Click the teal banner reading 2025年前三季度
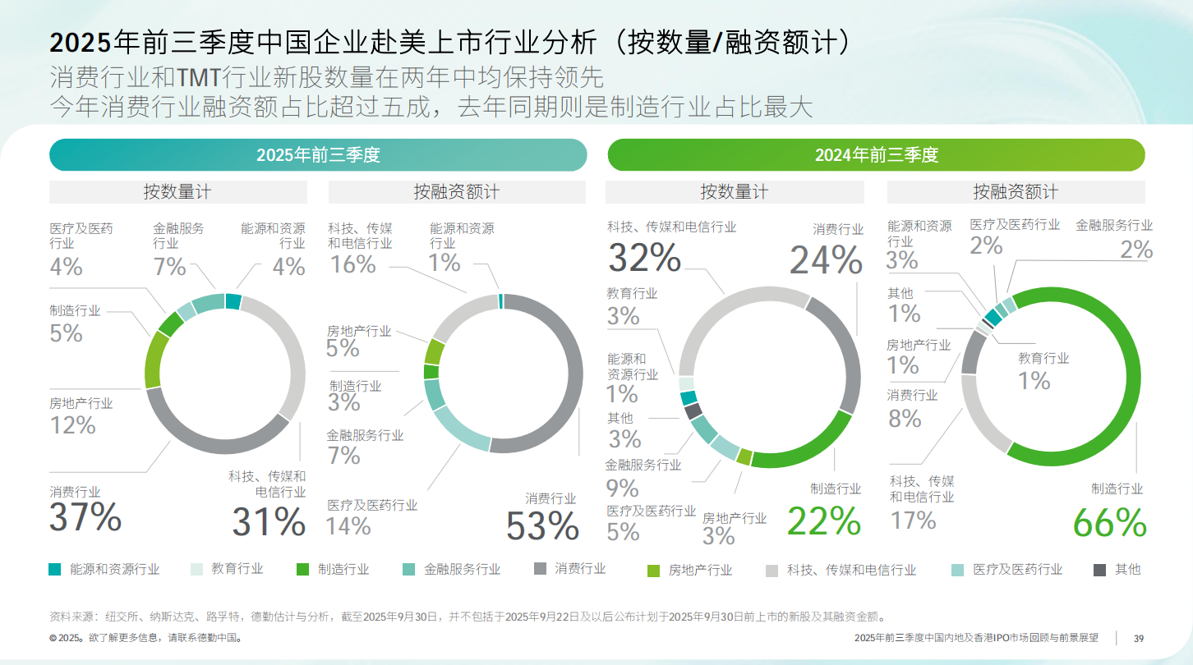point(318,155)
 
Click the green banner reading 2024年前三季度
point(876,155)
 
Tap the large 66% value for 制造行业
point(1109,522)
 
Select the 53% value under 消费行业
point(542,526)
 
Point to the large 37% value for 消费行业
point(85,517)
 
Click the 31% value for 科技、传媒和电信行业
point(269,522)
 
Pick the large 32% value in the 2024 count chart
point(644,257)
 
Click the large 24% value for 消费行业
point(826,260)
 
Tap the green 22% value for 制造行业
point(824,521)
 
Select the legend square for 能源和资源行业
point(55,569)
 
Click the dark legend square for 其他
point(1100,569)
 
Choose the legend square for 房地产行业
point(654,570)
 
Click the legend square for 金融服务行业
point(409,569)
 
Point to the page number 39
point(1139,639)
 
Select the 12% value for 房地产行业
point(72,425)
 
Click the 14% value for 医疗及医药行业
point(348,525)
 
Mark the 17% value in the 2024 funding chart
point(913,521)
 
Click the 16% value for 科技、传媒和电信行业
point(352,264)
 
